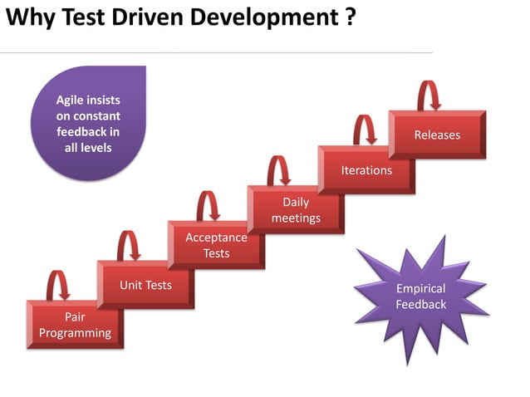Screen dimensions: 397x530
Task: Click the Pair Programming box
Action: click(x=75, y=325)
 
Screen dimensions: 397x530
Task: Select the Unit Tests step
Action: click(x=145, y=285)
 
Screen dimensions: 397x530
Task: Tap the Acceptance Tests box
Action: click(x=216, y=244)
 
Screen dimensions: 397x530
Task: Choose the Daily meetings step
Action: click(x=295, y=209)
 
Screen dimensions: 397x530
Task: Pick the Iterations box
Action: click(x=366, y=170)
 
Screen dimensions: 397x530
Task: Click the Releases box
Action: click(x=437, y=134)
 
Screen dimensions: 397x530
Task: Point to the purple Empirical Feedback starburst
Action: click(x=420, y=297)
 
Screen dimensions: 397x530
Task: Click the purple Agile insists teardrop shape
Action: click(x=88, y=124)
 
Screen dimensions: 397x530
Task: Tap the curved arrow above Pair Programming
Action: click(x=57, y=285)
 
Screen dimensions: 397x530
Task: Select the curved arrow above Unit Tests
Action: click(x=128, y=246)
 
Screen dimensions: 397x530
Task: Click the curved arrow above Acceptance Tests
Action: click(x=207, y=206)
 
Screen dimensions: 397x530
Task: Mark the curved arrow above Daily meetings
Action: click(x=278, y=170)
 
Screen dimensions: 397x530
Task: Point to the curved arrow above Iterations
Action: click(x=364, y=130)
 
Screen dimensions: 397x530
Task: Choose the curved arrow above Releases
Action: click(x=427, y=96)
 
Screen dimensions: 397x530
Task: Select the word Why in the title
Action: click(x=27, y=17)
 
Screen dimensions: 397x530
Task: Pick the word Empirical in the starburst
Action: click(x=420, y=289)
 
